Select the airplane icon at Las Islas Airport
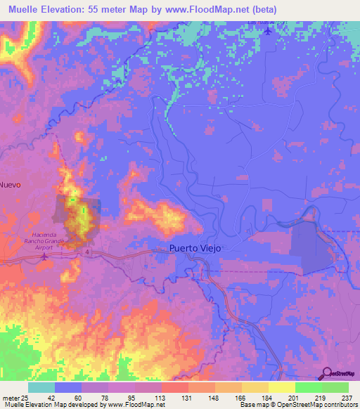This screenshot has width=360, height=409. click(x=267, y=32)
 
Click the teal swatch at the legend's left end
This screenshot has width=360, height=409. click(x=41, y=387)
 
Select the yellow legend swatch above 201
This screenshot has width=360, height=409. click(x=282, y=387)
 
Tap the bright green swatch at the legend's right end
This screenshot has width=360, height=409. click(x=335, y=387)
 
